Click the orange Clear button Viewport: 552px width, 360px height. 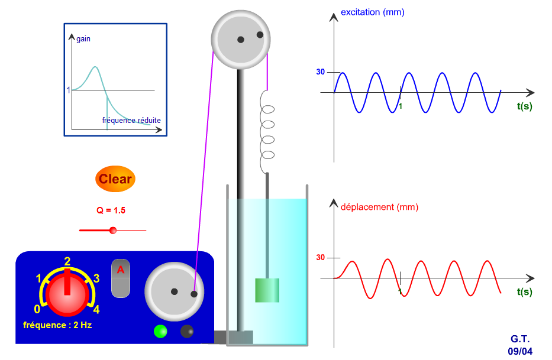(115, 179)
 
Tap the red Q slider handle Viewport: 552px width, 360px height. (113, 230)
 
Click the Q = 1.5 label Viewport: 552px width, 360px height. (111, 210)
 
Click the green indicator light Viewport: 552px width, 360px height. (160, 331)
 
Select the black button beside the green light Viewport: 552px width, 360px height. (187, 331)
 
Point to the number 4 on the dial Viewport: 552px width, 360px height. (96, 309)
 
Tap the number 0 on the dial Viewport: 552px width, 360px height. (37, 309)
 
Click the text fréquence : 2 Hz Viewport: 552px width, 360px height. (57, 325)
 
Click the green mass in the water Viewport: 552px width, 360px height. (267, 290)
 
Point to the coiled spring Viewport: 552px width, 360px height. (268, 132)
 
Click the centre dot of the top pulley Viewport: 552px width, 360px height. (241, 40)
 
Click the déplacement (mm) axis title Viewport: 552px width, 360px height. (379, 207)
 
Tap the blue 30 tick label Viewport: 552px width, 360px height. (320, 72)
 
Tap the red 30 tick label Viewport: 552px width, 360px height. (320, 258)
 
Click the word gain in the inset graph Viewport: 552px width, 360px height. (83, 39)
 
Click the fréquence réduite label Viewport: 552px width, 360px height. (131, 120)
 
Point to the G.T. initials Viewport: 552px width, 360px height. (521, 339)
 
